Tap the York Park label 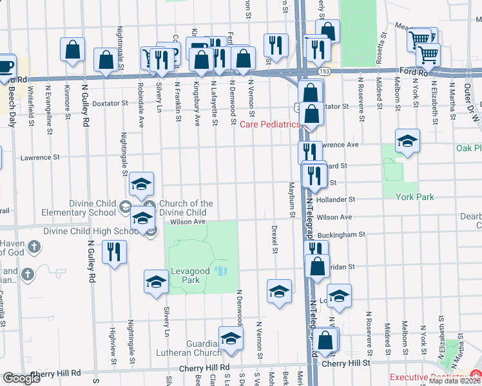click(414, 198)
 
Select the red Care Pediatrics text click(270, 124)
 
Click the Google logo click(21, 378)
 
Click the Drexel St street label click(275, 239)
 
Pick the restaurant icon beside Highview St click(114, 252)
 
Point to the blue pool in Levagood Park click(221, 271)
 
